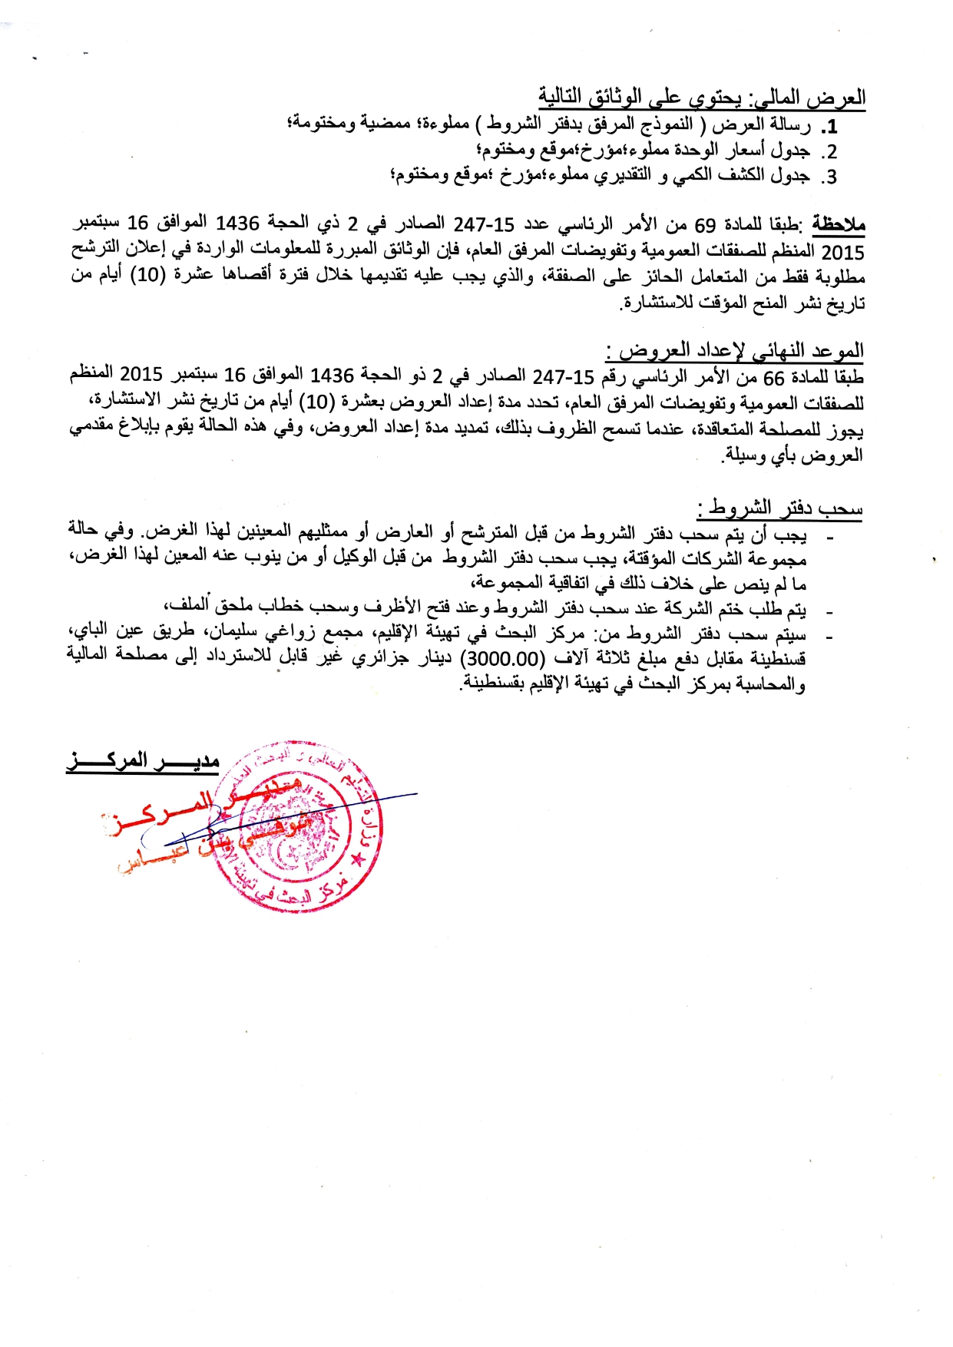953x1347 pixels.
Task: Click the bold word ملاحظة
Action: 839,224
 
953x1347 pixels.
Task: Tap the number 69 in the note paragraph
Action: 706,225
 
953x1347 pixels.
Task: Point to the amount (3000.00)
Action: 502,660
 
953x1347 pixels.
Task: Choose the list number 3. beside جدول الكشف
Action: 830,177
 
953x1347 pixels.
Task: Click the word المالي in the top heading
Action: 784,98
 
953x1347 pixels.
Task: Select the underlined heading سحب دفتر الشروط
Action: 780,508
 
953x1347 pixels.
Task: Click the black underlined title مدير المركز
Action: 143,761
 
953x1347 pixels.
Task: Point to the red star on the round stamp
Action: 356,859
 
